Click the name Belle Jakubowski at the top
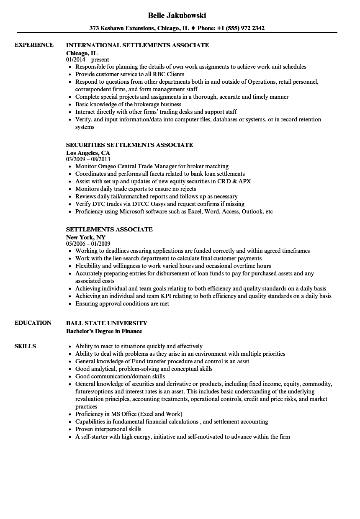pos(177,15)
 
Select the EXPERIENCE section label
pos(34,45)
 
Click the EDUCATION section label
pos(33,323)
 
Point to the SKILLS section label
pos(25,346)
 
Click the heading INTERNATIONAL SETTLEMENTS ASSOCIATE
pos(138,45)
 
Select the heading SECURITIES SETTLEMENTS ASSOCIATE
pos(130,145)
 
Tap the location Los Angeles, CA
pos(88,153)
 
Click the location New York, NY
pos(86,237)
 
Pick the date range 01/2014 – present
pos(87,59)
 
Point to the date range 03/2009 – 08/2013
pos(88,159)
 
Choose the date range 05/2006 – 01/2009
pos(88,244)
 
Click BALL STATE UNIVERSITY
pos(107,323)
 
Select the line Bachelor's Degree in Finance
pos(104,331)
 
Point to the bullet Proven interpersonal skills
pos(108,429)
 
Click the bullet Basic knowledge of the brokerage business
pos(128,104)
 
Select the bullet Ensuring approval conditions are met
pos(122,303)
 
